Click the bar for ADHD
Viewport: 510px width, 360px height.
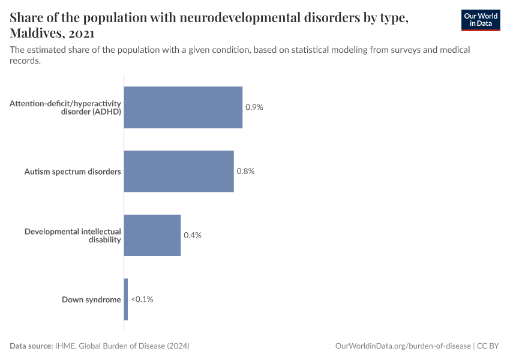coord(183,107)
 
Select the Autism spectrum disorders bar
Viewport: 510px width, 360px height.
coord(179,171)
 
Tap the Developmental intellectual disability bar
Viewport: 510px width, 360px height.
coord(152,235)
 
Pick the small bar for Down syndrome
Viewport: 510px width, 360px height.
coord(126,299)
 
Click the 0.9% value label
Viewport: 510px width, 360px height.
coord(254,107)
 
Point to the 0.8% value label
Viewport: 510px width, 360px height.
coord(245,171)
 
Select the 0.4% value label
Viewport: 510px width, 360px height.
coord(192,235)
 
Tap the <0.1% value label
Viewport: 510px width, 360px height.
coord(142,299)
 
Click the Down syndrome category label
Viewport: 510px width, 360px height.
coord(91,299)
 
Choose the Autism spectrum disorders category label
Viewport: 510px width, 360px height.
coord(73,172)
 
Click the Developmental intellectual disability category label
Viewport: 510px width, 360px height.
coord(73,235)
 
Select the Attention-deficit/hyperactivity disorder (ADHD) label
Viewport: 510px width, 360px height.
coord(65,107)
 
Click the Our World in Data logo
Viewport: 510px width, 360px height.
coord(480,20)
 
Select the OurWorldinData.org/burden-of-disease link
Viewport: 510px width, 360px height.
coord(403,346)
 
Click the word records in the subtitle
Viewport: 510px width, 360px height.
coord(25,61)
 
